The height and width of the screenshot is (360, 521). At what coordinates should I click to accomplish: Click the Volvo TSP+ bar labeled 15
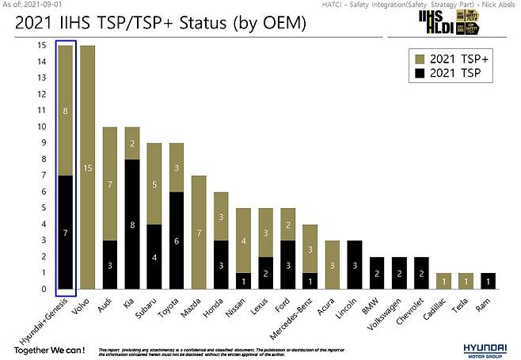[87, 167]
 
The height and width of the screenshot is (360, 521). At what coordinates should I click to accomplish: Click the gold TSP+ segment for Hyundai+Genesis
[65, 111]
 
